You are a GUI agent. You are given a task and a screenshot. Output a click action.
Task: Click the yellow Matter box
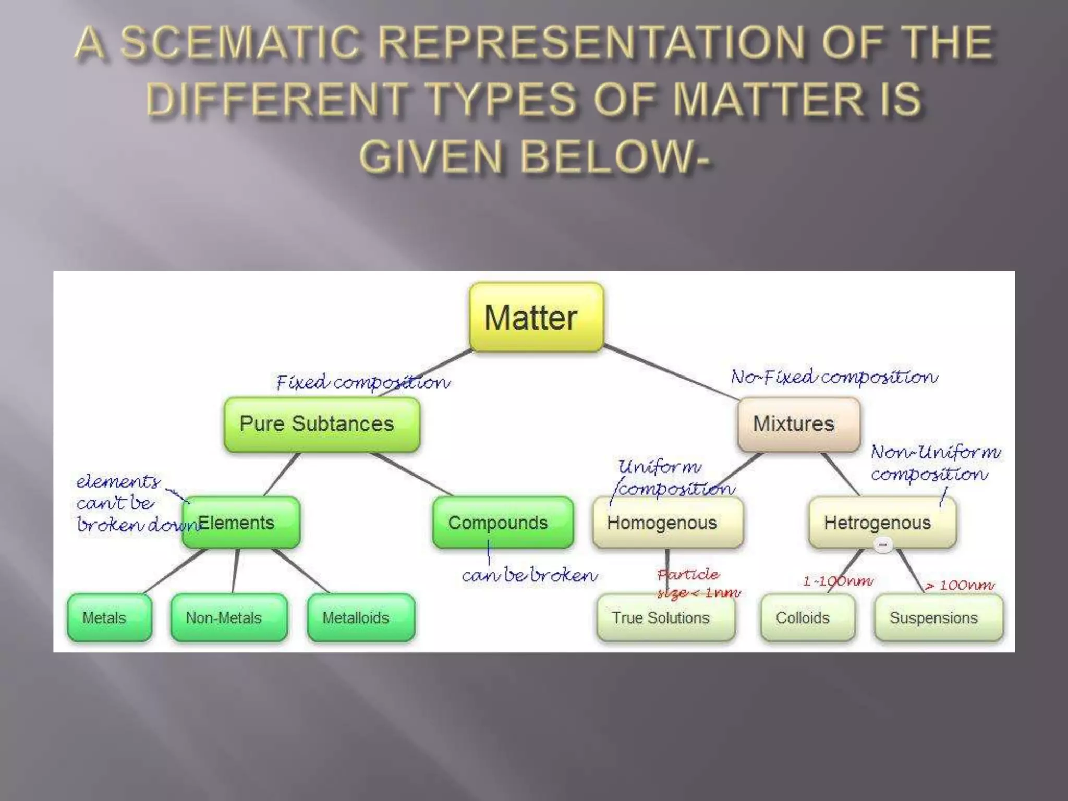point(536,317)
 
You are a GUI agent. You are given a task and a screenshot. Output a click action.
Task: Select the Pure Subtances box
point(321,424)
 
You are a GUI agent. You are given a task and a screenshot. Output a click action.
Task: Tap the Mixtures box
point(798,424)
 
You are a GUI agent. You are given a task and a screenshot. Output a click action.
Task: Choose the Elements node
point(241,523)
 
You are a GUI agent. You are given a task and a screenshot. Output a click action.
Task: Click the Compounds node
point(503,523)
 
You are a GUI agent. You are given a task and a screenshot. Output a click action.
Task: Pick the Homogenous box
point(667,523)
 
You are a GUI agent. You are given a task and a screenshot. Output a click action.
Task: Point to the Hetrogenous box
point(882,523)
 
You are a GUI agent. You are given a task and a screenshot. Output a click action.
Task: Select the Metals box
point(109,618)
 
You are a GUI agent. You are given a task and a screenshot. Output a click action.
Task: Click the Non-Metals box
point(228,618)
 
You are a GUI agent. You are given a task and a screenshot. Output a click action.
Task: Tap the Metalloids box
point(361,618)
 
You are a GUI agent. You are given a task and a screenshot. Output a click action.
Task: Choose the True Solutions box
point(665,618)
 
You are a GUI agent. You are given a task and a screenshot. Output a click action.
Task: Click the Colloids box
point(807,618)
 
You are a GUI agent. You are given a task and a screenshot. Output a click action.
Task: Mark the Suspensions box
point(938,618)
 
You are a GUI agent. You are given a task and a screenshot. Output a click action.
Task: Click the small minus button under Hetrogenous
point(883,545)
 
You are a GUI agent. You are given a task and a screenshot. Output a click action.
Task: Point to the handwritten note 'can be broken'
point(529,575)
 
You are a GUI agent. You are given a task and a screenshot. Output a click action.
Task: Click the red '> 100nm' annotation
point(960,586)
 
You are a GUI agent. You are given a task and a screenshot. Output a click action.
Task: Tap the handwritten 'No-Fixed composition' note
point(834,377)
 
